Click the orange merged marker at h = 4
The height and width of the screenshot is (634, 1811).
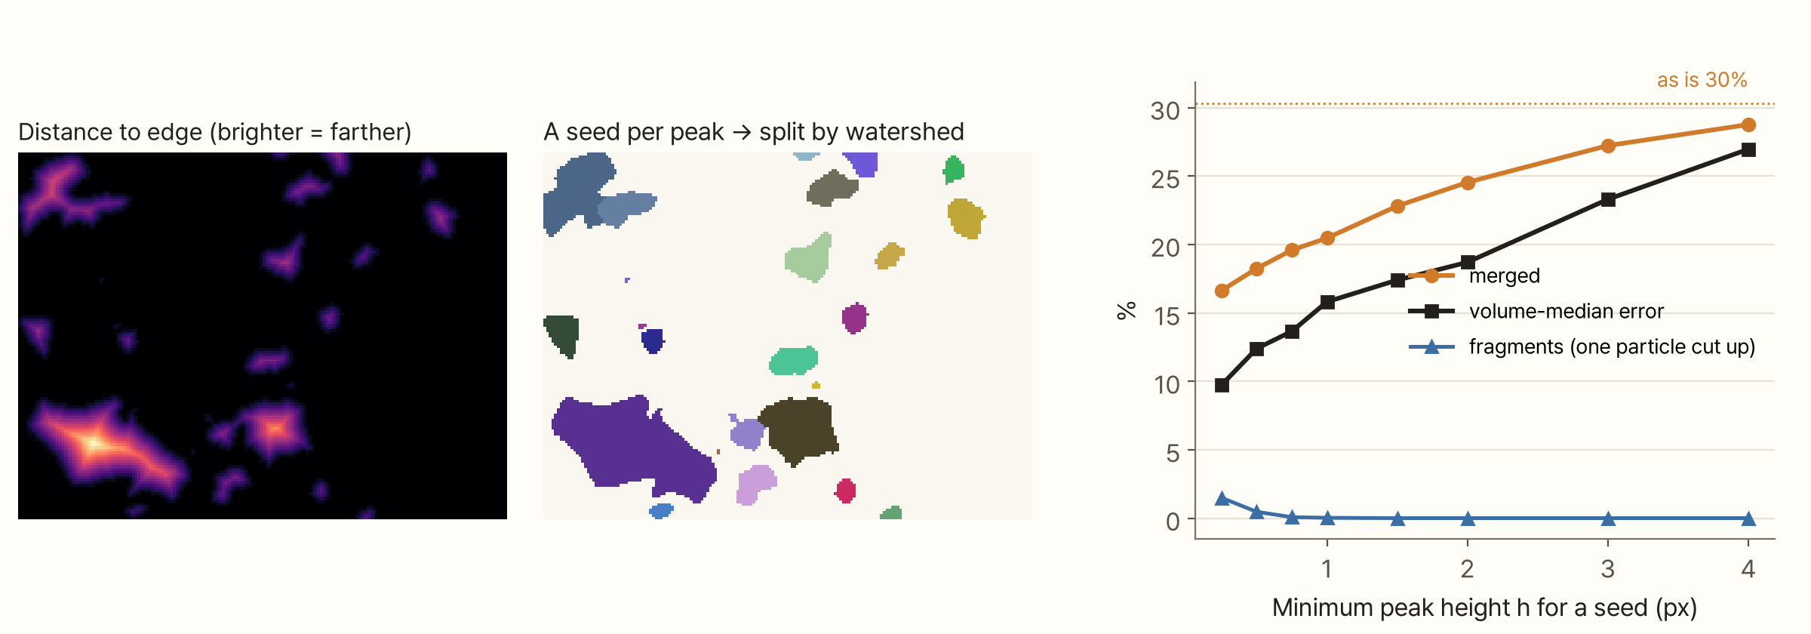[1748, 125]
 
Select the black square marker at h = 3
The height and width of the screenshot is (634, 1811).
[1608, 199]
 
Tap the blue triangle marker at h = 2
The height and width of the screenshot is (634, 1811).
[1468, 519]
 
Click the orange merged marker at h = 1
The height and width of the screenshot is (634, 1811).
[1327, 238]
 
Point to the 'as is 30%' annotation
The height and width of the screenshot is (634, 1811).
[1702, 80]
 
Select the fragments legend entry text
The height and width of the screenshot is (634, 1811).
[1612, 346]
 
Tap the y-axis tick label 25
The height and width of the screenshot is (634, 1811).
[1165, 179]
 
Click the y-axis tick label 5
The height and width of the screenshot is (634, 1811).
[1173, 453]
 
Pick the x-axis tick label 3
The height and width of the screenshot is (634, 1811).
[1608, 568]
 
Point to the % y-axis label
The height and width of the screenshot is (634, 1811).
[1127, 310]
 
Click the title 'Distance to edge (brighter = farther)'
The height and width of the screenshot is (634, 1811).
[215, 132]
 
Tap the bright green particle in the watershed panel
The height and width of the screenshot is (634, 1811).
[954, 169]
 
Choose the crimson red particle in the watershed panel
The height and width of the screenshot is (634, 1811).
[845, 491]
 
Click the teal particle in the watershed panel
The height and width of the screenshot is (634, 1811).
[793, 361]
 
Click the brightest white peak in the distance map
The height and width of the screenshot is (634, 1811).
[94, 443]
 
